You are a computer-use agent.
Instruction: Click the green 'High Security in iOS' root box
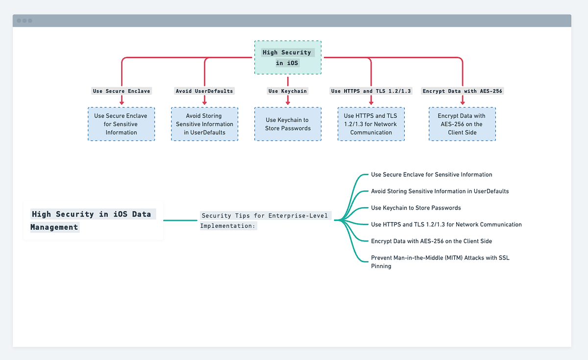tap(288, 58)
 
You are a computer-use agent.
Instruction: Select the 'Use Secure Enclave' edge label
tap(122, 91)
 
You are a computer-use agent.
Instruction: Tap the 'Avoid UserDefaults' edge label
tap(204, 91)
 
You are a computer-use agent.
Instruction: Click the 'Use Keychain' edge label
tap(288, 91)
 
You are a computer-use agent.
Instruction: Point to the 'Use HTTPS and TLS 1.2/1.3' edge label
tap(371, 91)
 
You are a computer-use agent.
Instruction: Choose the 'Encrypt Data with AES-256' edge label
tap(462, 91)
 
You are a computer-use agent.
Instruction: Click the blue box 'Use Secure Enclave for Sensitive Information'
tap(121, 124)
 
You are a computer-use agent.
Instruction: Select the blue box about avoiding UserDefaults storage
tap(204, 124)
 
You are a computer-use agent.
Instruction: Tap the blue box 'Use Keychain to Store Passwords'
tap(288, 124)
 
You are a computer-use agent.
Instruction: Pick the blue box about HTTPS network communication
tap(371, 124)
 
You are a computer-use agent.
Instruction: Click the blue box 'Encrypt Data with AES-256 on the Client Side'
tap(462, 124)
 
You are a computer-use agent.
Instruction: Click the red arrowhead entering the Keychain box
tap(288, 103)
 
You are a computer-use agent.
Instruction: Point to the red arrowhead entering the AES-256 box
tap(462, 103)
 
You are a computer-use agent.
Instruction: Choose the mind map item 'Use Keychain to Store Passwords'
tap(416, 208)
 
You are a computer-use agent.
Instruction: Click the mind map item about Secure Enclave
tap(431, 174)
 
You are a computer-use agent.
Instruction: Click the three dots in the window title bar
tap(24, 21)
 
